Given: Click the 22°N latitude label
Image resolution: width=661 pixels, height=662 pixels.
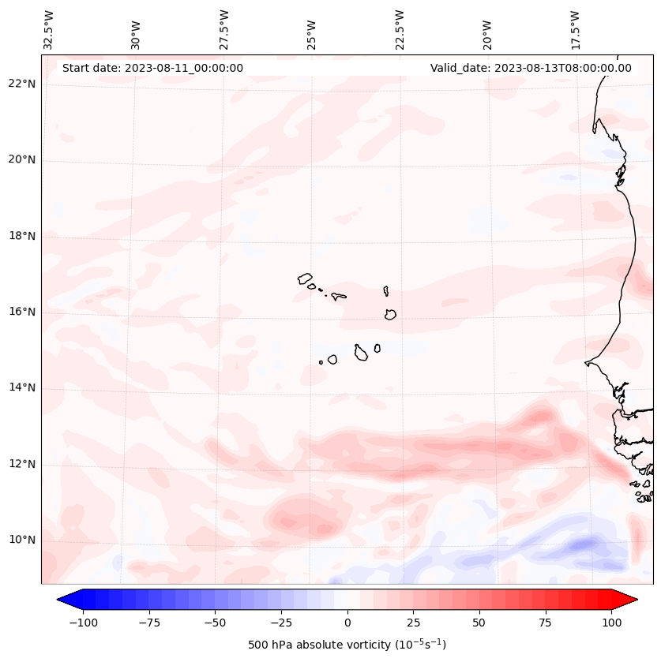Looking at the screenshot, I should coord(21,84).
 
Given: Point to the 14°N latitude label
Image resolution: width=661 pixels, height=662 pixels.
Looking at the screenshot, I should coord(21,388).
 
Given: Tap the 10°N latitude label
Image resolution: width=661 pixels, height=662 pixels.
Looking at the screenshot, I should coord(21,540).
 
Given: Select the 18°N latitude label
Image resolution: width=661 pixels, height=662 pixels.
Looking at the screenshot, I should coord(21,237).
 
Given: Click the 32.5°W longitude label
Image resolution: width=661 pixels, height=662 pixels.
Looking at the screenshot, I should coord(49,29).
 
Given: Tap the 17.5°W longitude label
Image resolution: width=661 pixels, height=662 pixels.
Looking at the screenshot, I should coord(576,29).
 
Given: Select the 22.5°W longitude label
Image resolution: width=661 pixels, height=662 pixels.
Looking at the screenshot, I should coord(400,29).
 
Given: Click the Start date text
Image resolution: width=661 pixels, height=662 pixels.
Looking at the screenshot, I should coord(152,68).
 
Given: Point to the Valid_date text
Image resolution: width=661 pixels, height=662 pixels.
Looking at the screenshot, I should coord(531,68).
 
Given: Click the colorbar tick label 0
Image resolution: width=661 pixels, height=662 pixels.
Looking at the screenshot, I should coord(347,623).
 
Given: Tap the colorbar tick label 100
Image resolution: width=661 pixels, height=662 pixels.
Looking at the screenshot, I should coord(611,623).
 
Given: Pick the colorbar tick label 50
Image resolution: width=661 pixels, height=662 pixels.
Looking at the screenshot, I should coord(479,623).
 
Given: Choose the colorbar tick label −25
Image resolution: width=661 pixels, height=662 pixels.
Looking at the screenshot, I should coord(281,623).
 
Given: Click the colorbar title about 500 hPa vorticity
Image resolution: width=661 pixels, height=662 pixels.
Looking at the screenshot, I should coord(347,645).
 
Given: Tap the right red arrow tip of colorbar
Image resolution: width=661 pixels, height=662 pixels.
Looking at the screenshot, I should coord(635,600).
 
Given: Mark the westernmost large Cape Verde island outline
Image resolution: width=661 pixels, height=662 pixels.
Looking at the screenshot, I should coord(305,279).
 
